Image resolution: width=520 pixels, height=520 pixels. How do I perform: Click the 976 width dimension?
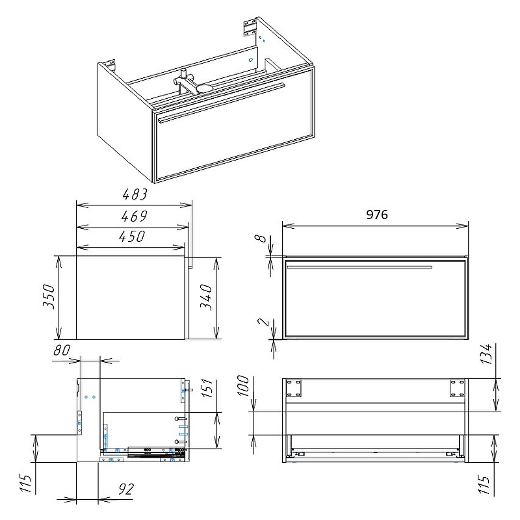pos(377,214)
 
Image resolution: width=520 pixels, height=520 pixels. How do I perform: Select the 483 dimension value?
pos(135,194)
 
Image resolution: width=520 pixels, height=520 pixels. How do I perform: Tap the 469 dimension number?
pos(134,216)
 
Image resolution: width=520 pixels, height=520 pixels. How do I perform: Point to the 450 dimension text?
pos(132,237)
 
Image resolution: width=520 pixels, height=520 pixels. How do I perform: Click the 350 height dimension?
pos(49,296)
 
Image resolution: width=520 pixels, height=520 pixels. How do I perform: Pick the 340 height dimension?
pos(206,297)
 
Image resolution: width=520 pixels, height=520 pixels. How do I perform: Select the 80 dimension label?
pos(62,350)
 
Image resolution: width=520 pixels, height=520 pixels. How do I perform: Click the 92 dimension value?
pos(126,489)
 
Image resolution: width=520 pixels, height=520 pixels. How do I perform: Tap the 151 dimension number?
pos(206,387)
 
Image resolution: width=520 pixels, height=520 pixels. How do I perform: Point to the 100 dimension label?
pos(243,385)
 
